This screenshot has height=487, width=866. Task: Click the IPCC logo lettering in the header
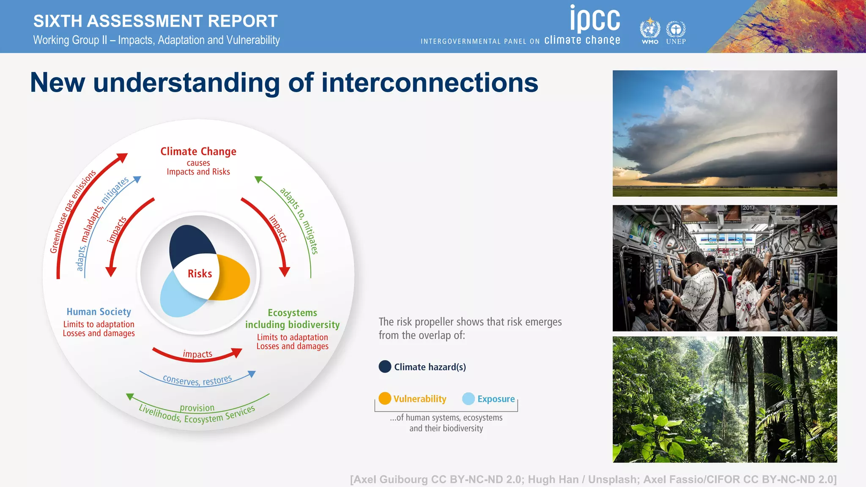pyautogui.click(x=595, y=19)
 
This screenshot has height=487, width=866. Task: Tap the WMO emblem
pyautogui.click(x=649, y=30)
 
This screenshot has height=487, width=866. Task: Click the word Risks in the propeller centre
pyautogui.click(x=200, y=274)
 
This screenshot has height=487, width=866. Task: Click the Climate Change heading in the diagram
pyautogui.click(x=198, y=151)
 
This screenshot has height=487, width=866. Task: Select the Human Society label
pyautogui.click(x=99, y=312)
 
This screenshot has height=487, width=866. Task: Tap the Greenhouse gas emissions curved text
pyautogui.click(x=72, y=211)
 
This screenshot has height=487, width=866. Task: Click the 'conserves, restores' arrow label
pyautogui.click(x=197, y=380)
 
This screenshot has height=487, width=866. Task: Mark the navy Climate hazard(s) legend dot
pyautogui.click(x=385, y=367)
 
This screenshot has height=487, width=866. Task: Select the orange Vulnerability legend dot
pyautogui.click(x=385, y=398)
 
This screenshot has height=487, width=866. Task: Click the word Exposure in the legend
pyautogui.click(x=496, y=399)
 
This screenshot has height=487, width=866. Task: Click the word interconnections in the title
pyautogui.click(x=430, y=82)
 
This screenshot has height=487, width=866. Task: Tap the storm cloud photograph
pyautogui.click(x=724, y=133)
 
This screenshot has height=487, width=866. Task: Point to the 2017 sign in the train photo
pyautogui.click(x=748, y=208)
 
